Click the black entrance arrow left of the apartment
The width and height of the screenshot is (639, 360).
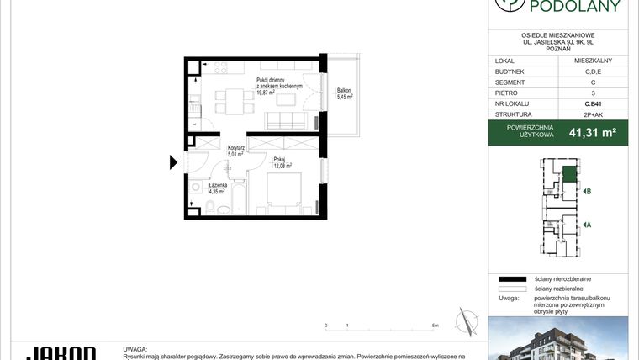(x=174, y=161)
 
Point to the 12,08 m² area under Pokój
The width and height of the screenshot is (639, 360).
(x=283, y=166)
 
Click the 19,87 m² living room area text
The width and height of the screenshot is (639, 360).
(x=267, y=93)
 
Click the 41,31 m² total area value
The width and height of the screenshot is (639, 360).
(x=593, y=132)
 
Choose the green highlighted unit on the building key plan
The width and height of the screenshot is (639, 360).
(x=570, y=174)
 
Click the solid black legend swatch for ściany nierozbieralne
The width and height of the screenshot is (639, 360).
(x=510, y=278)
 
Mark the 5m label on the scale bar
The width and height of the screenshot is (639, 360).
(x=434, y=325)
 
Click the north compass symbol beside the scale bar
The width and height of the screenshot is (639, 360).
(x=465, y=320)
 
